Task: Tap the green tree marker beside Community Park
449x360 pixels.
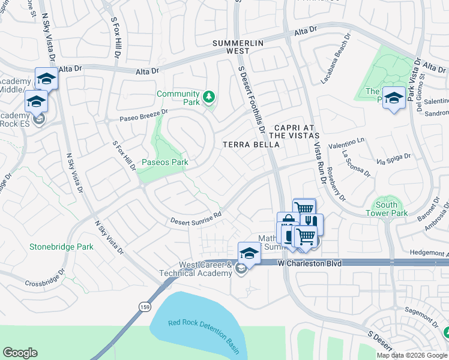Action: point(209,96)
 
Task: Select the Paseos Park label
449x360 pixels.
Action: point(164,162)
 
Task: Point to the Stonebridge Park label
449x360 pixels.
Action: point(61,247)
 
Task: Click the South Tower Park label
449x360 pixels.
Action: point(387,209)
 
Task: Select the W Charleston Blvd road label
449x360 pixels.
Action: point(310,263)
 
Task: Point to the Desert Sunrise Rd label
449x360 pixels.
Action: point(195,217)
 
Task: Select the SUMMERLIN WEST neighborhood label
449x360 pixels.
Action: point(239,47)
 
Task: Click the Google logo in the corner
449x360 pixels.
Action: point(20,353)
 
